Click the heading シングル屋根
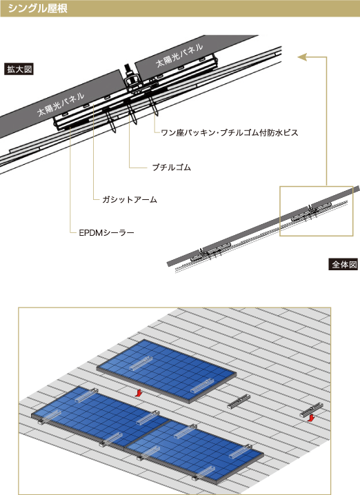37,8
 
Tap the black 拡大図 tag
19,69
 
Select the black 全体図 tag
343,264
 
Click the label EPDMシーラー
106,232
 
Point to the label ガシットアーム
130,199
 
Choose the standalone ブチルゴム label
172,167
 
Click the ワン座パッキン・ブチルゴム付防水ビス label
230,132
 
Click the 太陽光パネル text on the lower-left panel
60,104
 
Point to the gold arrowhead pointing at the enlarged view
302,57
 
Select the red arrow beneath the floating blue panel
137,392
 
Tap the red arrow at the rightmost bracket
311,418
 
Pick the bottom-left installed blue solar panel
101,417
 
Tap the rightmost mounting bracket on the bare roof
311,410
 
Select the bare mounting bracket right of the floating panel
239,402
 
